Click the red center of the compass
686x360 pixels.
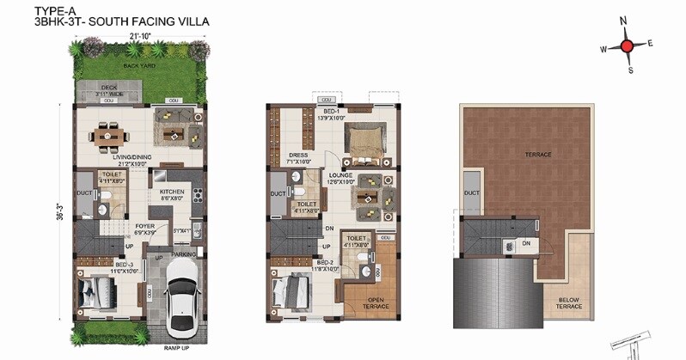click(x=628, y=46)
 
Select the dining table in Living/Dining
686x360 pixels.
click(x=109, y=135)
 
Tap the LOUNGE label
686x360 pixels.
click(x=340, y=174)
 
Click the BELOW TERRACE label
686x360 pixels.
click(x=568, y=302)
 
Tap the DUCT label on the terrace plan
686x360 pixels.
click(x=471, y=192)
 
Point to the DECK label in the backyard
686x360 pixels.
click(x=108, y=87)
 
